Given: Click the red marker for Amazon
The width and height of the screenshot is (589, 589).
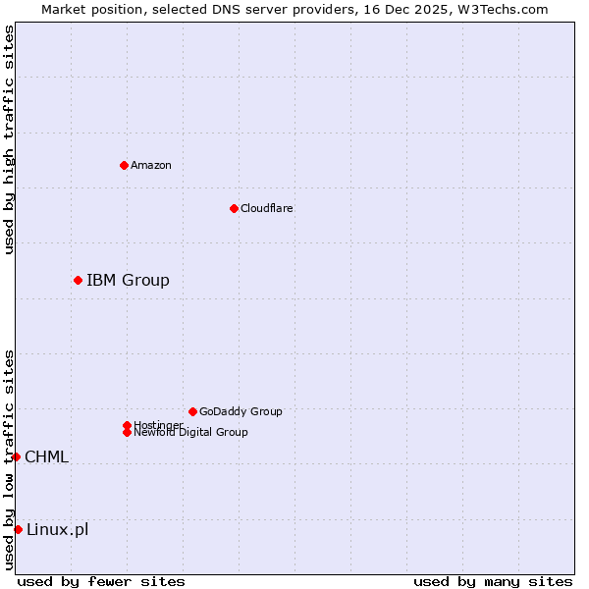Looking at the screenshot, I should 124,165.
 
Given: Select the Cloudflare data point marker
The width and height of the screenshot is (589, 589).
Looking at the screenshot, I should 234,208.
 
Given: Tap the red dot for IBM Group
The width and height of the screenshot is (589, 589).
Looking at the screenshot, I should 78,280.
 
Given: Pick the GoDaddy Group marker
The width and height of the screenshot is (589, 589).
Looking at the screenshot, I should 192,411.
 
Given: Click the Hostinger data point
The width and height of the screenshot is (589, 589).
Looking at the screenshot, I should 127,425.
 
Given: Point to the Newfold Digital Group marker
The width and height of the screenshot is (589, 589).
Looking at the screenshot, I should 127,432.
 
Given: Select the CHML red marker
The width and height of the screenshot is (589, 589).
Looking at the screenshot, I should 16,456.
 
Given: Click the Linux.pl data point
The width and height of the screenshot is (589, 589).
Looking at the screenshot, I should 18,530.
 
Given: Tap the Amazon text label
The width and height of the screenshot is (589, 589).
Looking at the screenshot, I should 151,165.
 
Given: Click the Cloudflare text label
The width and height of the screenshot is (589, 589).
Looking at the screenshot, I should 267,208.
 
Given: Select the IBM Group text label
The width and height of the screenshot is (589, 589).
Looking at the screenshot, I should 128,281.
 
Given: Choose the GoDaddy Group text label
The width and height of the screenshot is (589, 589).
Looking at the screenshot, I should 241,411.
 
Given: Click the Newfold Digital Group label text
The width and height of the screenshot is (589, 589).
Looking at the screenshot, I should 190,433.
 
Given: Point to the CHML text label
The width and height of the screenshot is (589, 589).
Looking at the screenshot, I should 46,457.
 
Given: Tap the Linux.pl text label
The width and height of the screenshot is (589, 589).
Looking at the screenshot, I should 57,530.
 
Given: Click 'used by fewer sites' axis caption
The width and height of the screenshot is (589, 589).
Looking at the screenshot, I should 101,581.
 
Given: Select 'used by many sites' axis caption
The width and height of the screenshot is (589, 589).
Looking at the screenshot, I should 493,581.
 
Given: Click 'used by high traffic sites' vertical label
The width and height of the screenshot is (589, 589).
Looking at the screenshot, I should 9,139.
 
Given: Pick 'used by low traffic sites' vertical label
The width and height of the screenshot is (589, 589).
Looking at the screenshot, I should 9,459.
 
